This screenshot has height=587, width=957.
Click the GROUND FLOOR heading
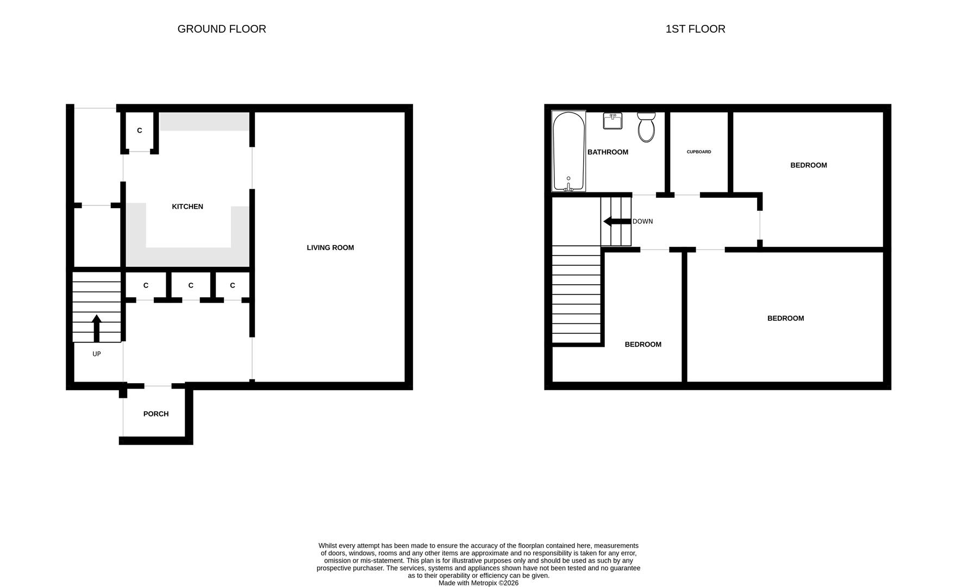(222, 29)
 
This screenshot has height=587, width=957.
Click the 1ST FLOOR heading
(695, 29)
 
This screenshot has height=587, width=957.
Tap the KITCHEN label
(187, 207)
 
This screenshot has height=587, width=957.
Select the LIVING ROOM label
(330, 248)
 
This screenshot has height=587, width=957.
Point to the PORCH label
(156, 414)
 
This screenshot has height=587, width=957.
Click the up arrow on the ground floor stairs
(97, 328)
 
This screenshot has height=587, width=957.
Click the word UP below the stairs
(97, 354)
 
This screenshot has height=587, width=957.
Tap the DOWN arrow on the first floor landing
(616, 222)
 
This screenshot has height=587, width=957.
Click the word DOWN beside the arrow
(643, 222)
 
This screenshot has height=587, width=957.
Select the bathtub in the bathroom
(568, 151)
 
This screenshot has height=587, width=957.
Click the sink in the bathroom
(612, 121)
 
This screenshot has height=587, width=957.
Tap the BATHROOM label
(608, 152)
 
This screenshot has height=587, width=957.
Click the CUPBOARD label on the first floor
(699, 152)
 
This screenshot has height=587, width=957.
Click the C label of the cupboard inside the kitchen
(140, 130)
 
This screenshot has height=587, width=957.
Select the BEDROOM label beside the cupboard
(809, 165)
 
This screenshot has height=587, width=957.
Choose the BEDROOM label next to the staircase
(643, 345)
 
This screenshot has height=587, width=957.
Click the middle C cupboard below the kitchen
(191, 285)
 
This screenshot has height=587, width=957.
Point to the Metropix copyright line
(478, 583)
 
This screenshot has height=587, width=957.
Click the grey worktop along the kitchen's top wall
(204, 122)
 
